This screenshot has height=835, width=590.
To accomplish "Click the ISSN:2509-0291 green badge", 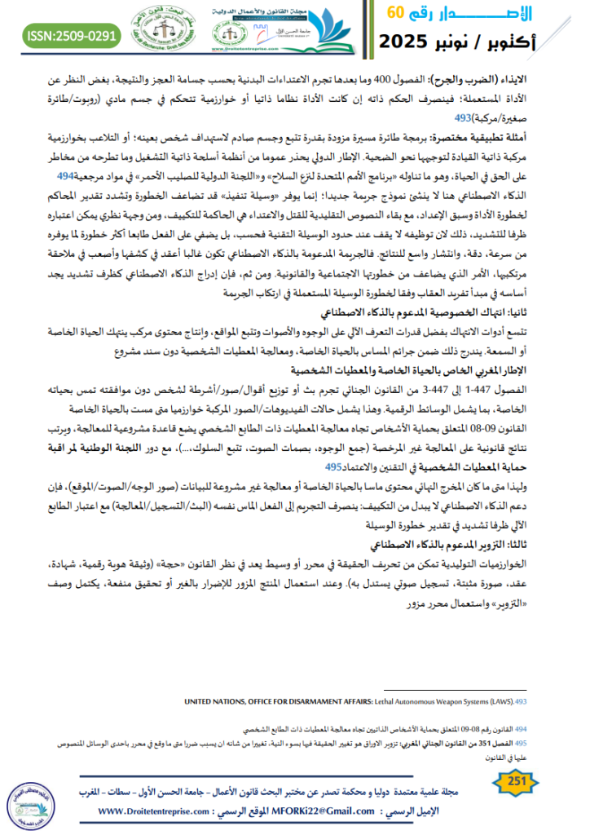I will coord(73,35).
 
